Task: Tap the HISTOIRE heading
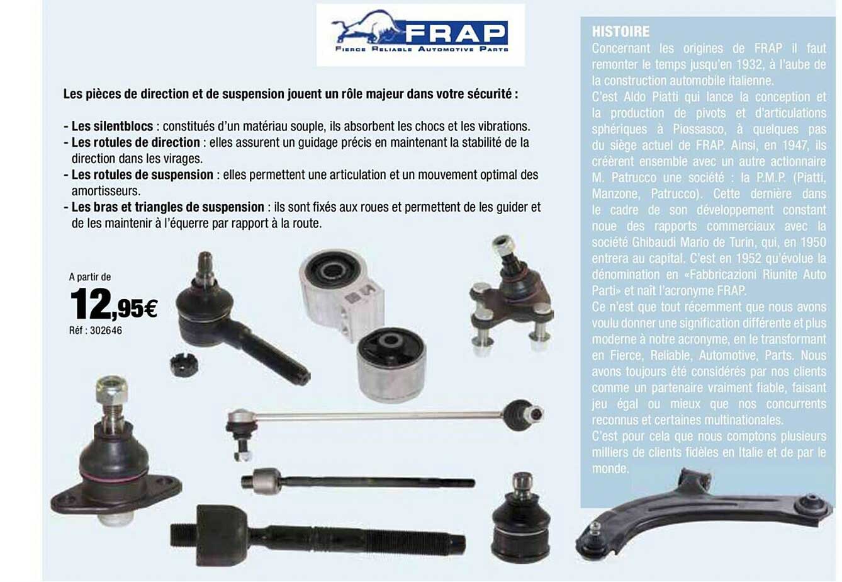(x=620, y=31)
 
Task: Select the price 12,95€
(x=113, y=303)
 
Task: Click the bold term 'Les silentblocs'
(x=112, y=126)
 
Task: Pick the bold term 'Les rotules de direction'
(x=135, y=142)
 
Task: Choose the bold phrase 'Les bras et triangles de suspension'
(x=167, y=207)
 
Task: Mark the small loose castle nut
(x=184, y=364)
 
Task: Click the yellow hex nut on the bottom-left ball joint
(x=112, y=391)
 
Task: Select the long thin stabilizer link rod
(x=378, y=416)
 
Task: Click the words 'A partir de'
(x=89, y=276)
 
